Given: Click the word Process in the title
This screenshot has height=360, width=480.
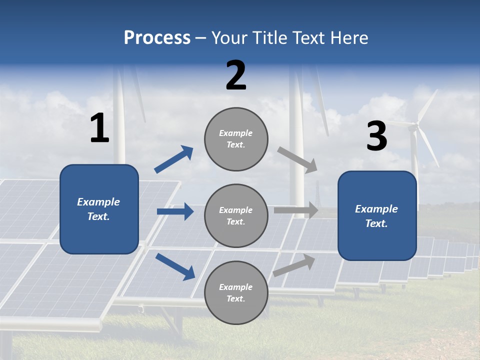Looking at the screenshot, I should coord(157,38).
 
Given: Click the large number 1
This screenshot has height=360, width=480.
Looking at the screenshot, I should coord(99,128).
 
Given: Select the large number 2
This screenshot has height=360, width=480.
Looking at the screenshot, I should coord(236,76).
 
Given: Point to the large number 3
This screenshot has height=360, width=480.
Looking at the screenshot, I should coord(376,136).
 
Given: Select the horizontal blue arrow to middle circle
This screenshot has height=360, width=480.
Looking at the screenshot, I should coord(175,211).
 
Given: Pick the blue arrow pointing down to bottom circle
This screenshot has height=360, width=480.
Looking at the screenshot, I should coord(175,266).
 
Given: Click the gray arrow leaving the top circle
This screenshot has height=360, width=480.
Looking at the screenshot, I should coord(297,160).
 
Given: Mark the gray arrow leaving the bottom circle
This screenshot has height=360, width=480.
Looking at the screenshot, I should coord(294,265).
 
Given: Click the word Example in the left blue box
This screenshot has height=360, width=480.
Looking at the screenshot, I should coord(98,202).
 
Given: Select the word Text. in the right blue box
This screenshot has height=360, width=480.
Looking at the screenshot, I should coord(376,223).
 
